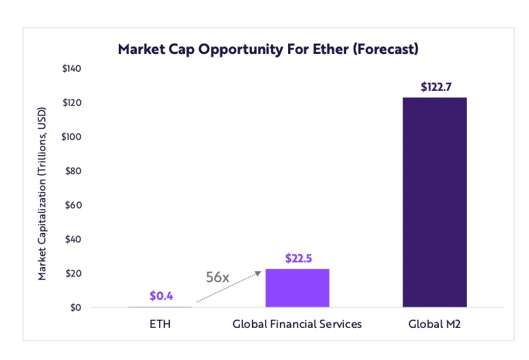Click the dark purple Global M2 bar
(435, 202)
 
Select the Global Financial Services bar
(298, 288)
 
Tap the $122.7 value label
(435, 87)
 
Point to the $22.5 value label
(298, 259)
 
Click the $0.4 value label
(160, 296)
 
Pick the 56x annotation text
(218, 277)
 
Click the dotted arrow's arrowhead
(259, 273)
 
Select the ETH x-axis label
(160, 324)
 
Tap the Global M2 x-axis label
(435, 324)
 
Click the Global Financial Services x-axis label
(298, 324)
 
